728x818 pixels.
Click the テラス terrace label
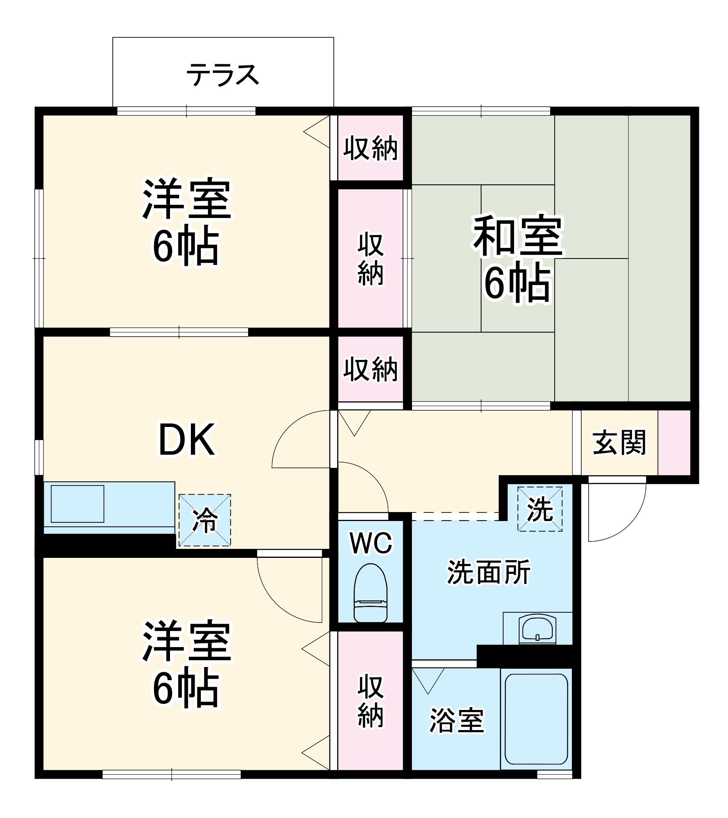pyautogui.click(x=223, y=75)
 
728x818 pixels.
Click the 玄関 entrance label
pyautogui.click(x=619, y=443)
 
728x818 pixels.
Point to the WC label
pyautogui.click(x=371, y=543)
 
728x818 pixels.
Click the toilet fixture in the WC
pyautogui.click(x=370, y=593)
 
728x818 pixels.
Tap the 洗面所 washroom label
pyautogui.click(x=488, y=572)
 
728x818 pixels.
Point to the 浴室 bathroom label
pyautogui.click(x=456, y=720)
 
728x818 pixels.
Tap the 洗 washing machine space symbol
pyautogui.click(x=540, y=509)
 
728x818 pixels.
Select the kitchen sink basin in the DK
pyautogui.click(x=77, y=503)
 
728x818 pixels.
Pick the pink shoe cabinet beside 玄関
pyautogui.click(x=674, y=443)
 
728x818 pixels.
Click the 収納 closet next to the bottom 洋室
pyautogui.click(x=370, y=701)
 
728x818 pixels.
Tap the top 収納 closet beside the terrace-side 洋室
pyautogui.click(x=370, y=148)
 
